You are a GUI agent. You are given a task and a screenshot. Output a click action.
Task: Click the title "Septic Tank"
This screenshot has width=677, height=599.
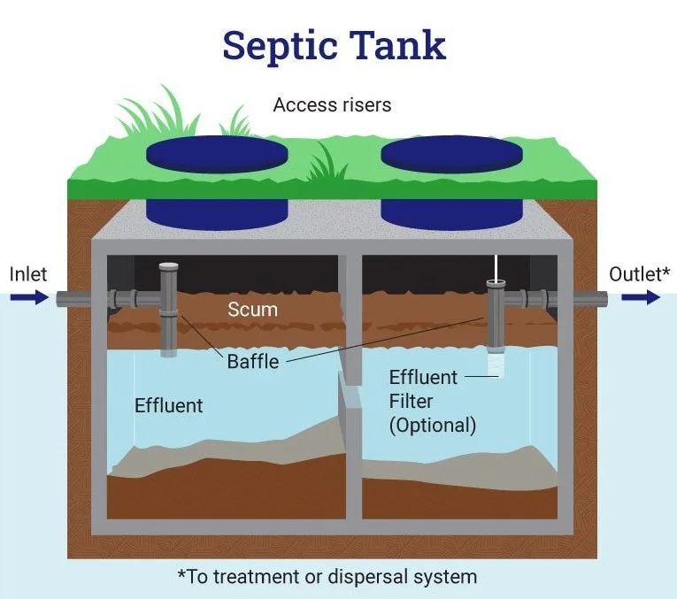[x=335, y=44]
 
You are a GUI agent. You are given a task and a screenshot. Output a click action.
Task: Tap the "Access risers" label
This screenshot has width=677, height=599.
[x=332, y=104]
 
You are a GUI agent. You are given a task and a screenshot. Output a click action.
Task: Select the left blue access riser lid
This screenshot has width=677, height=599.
[x=216, y=156]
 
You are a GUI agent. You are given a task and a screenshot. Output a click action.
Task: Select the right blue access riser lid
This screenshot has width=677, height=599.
[x=450, y=156]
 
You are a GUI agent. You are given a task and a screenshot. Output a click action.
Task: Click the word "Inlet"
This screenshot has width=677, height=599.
[x=28, y=274]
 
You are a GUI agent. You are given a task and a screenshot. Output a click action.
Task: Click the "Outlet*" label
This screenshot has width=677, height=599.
[x=639, y=274]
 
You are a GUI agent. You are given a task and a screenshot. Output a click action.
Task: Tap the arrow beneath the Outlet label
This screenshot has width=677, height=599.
[x=641, y=298]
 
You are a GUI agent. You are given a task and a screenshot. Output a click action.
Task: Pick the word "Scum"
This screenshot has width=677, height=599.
[x=252, y=310]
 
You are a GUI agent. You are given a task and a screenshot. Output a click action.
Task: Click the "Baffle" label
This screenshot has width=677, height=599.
[x=252, y=361]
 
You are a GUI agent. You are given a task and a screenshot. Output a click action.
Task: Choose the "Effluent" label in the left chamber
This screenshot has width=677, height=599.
[x=168, y=406]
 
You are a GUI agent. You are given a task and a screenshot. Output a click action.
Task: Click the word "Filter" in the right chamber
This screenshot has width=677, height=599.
[x=412, y=401]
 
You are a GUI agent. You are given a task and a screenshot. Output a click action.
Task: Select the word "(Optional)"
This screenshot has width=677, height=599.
[x=433, y=425]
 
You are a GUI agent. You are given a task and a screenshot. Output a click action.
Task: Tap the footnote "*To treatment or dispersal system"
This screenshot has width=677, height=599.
[x=327, y=577]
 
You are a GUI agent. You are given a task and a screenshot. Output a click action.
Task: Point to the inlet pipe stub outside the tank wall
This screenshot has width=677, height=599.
[x=74, y=299]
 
